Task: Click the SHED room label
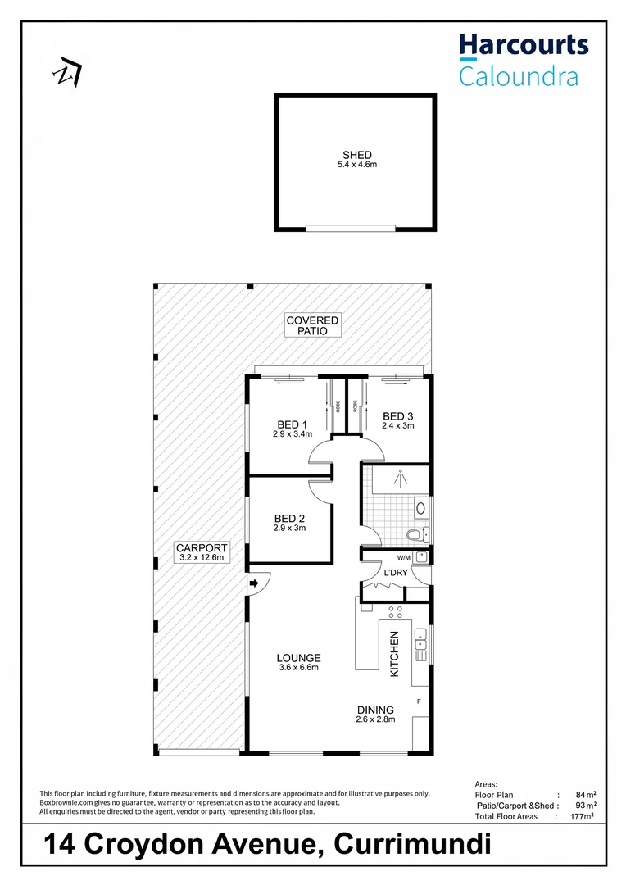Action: pos(357,155)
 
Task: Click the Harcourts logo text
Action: pos(523,44)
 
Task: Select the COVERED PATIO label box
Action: pos(312,325)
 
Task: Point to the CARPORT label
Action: pos(201,548)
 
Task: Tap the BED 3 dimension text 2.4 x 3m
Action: pos(398,425)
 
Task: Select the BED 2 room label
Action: pos(289,518)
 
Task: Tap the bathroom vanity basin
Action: pos(421,508)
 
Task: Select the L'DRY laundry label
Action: pos(396,573)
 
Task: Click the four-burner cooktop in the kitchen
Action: pos(394,612)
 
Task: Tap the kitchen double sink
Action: pos(420,643)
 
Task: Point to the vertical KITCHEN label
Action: pos(394,653)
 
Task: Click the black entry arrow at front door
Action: pos(254,583)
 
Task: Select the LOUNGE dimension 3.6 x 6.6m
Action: pos(298,667)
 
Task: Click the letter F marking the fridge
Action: pos(419,701)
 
